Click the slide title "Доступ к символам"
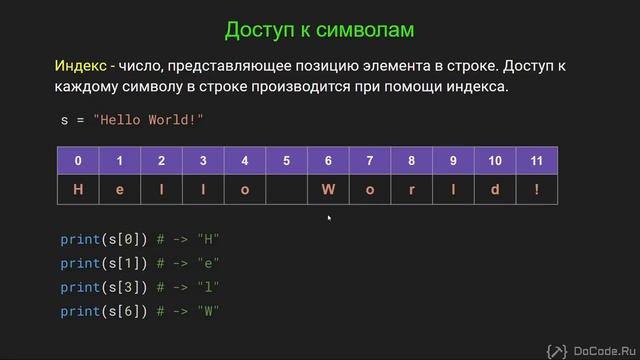pos(318,30)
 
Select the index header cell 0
pos(78,161)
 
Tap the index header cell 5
pos(286,161)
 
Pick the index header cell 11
pos(537,161)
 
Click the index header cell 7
pos(369,161)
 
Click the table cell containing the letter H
pos(78,190)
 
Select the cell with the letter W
pos(327,190)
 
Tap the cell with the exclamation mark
pos(537,190)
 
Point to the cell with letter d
pos(495,190)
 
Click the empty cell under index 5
pos(286,190)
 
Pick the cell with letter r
pos(411,190)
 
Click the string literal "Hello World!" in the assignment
pos(148,119)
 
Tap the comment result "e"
pos(209,263)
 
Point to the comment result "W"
pos(209,311)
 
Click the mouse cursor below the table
pos(328,216)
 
